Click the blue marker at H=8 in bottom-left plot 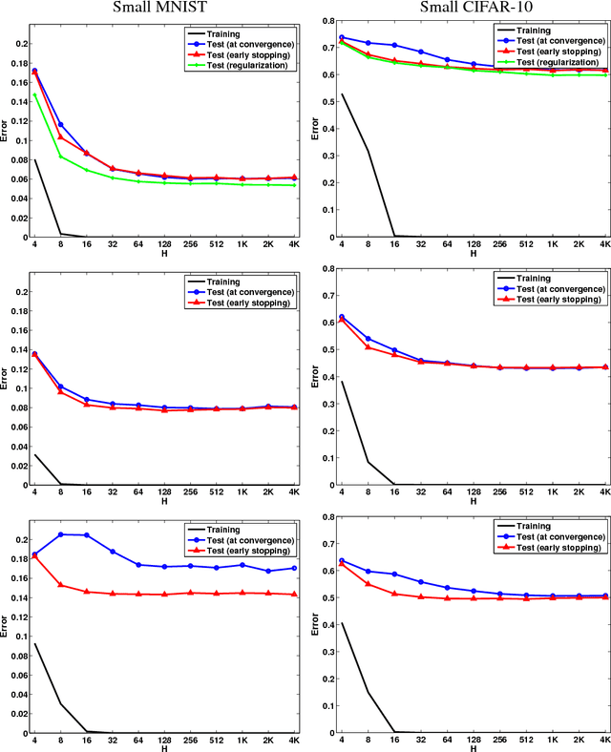point(61,534)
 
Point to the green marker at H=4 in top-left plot point(35,94)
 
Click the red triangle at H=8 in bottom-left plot point(61,585)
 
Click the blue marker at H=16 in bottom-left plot point(87,535)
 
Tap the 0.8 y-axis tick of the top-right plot point(327,20)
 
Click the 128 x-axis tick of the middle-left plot point(164,494)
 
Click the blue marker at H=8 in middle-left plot point(61,386)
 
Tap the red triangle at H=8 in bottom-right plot point(369,584)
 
